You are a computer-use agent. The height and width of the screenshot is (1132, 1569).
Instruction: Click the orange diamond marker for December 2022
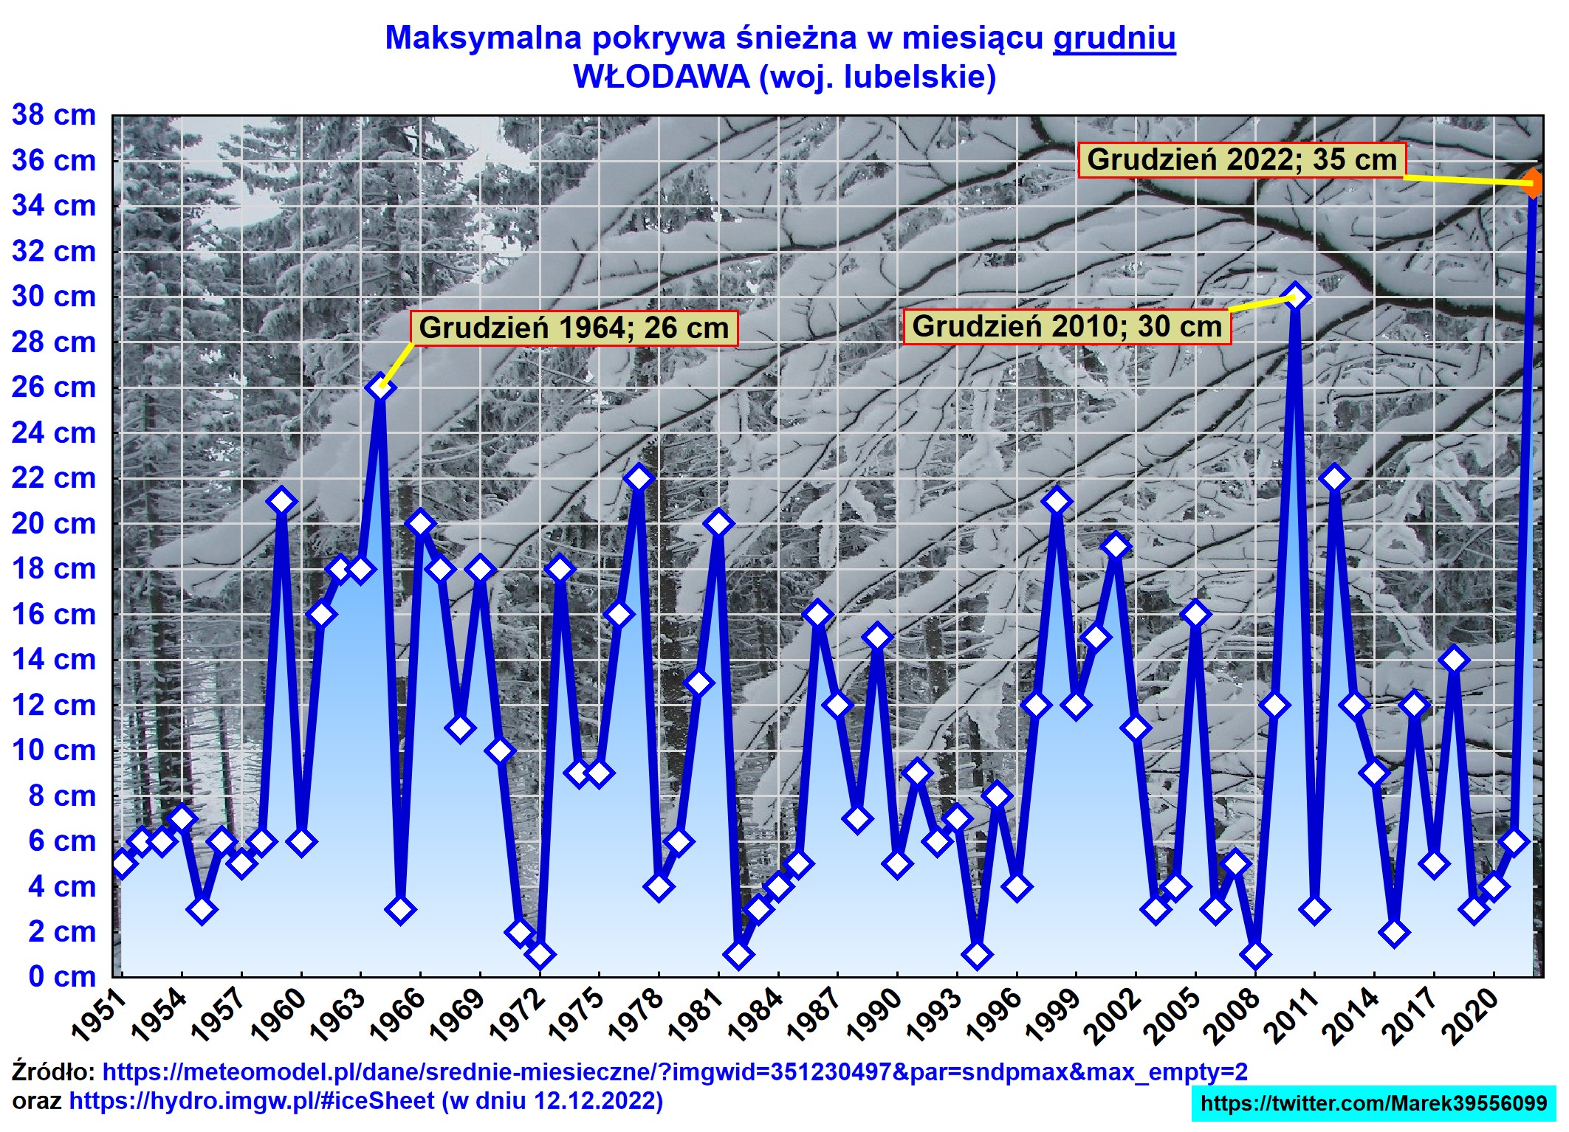(x=1534, y=183)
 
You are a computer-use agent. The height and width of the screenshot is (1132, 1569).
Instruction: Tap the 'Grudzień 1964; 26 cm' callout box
(x=574, y=328)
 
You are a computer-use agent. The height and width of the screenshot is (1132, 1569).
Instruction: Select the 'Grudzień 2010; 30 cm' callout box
(x=1066, y=326)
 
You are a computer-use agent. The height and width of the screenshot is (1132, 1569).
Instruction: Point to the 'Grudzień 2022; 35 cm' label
(x=1242, y=159)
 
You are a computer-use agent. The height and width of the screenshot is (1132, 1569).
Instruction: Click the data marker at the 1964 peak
(x=380, y=387)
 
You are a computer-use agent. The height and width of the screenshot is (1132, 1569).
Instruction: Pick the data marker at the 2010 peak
(x=1294, y=297)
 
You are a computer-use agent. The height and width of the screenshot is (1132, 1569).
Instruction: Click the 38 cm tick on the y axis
(x=53, y=115)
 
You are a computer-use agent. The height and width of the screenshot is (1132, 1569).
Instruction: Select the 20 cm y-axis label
(x=53, y=524)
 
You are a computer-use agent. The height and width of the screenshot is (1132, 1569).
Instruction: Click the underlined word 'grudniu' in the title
(x=1113, y=38)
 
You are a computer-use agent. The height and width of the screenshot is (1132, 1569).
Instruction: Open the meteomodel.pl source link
(x=674, y=1071)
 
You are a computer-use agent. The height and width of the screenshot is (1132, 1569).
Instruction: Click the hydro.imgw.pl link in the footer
(x=251, y=1101)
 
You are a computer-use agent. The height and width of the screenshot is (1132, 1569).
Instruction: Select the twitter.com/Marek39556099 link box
(x=1373, y=1103)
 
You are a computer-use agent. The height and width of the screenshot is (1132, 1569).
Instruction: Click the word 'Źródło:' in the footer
(x=53, y=1071)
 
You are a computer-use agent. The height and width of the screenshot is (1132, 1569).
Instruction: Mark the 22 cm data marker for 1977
(x=639, y=478)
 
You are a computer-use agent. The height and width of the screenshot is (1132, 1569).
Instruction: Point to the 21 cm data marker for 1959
(x=281, y=502)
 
